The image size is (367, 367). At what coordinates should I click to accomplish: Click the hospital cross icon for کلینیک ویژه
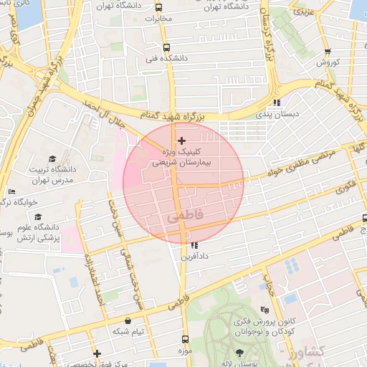point(181,140)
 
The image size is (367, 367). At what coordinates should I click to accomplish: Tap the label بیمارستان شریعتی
point(183,163)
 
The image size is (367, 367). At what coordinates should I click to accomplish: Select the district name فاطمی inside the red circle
point(184,214)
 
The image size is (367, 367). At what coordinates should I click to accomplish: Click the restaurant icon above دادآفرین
point(194,246)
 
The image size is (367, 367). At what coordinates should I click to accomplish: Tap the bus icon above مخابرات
point(158,7)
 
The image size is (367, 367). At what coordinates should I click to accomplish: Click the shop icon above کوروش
point(328,52)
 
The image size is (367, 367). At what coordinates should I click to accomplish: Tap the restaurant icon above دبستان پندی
point(277,103)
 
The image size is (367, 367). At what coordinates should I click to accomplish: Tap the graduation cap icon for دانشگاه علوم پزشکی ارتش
point(37,217)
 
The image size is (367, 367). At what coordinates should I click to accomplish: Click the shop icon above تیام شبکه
point(128,320)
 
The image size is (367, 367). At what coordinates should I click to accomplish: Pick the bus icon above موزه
point(186,339)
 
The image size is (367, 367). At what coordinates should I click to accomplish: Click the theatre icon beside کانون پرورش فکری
point(264,310)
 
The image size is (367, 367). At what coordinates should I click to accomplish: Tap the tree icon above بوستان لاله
point(239,353)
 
